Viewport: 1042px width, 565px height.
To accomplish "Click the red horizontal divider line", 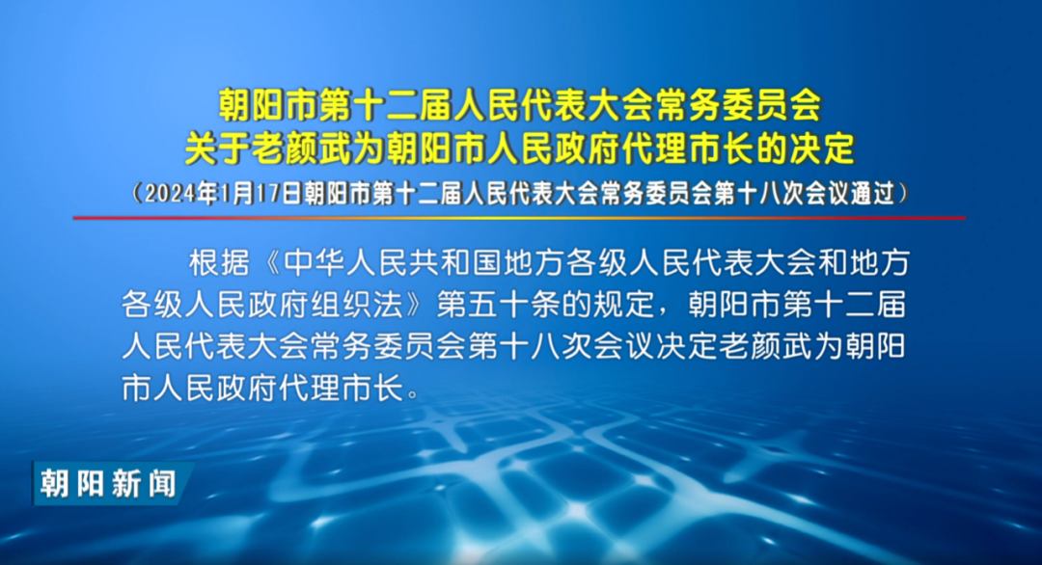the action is click(x=519, y=217).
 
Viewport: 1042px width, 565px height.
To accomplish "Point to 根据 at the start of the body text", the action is click(x=220, y=263).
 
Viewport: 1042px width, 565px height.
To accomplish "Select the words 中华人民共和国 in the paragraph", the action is click(x=393, y=263).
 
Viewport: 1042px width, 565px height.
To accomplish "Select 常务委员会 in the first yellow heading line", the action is click(x=738, y=105).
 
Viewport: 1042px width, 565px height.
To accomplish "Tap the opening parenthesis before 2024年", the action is click(x=136, y=193).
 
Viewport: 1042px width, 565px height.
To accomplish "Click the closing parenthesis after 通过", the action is click(x=903, y=193).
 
